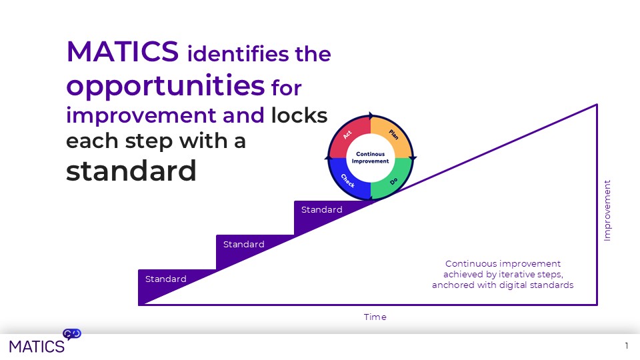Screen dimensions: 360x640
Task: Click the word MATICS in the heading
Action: [x=122, y=51]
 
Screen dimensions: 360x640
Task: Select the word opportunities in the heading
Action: [x=165, y=85]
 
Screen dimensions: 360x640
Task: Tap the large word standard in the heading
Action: [x=131, y=171]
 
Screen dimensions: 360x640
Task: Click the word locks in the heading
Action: [x=299, y=115]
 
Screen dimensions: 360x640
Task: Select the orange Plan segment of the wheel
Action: [x=393, y=135]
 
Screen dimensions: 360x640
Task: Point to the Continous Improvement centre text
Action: [x=370, y=158]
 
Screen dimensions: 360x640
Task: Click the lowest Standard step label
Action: [x=166, y=279]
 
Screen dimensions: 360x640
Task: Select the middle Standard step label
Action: [x=244, y=244]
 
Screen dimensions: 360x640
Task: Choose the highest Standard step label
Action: [x=322, y=209]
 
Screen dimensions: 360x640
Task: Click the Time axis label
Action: [x=375, y=317]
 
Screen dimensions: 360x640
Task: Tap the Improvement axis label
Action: [x=607, y=210]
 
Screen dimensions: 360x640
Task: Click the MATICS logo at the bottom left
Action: [x=37, y=345]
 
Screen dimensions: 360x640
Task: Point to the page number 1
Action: [x=627, y=345]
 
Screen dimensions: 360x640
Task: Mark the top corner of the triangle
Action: [x=597, y=104]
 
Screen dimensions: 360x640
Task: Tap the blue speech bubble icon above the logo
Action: [x=72, y=333]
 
